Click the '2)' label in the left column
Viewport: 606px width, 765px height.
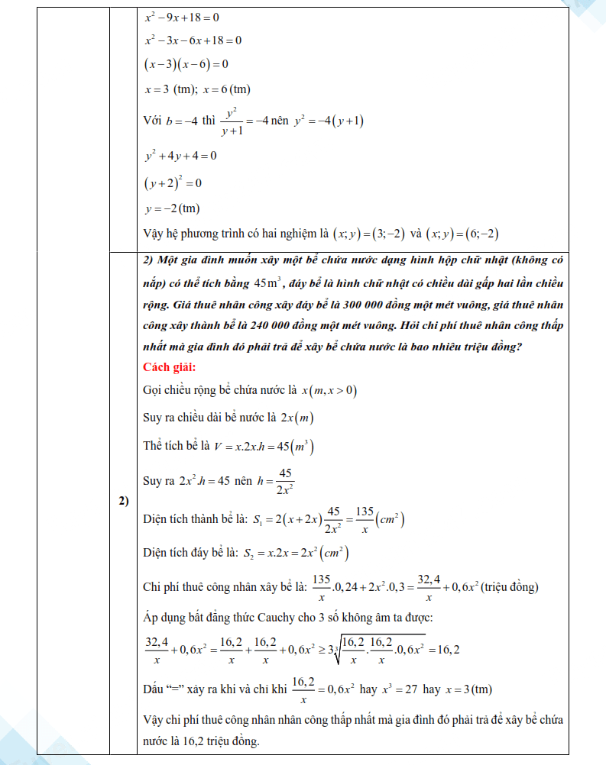tap(122, 502)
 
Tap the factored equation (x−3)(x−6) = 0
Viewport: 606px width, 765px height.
tap(186, 64)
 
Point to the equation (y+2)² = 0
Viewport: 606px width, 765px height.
tap(172, 183)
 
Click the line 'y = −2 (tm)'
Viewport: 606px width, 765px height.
tap(172, 208)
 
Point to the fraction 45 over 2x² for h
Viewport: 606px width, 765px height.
tap(286, 481)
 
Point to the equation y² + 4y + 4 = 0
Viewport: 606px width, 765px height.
tap(180, 156)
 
